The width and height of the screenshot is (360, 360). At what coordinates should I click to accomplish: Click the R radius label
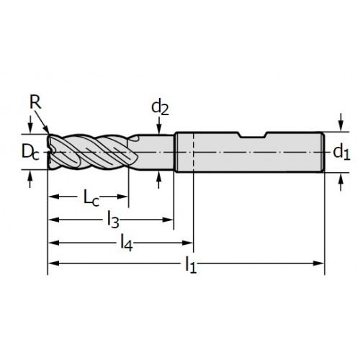click(35, 102)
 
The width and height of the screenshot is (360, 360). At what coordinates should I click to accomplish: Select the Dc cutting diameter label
click(30, 152)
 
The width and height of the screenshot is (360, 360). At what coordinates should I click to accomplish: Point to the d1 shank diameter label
click(341, 152)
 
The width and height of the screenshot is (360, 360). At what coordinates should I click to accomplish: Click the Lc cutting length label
click(91, 198)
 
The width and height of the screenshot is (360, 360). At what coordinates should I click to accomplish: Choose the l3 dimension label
click(113, 220)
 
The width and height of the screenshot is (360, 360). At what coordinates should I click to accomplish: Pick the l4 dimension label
click(127, 243)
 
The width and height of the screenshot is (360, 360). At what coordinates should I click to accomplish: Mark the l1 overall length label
click(191, 265)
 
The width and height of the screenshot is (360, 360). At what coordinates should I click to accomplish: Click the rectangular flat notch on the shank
click(253, 135)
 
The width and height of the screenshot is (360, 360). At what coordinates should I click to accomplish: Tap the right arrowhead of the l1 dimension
click(319, 264)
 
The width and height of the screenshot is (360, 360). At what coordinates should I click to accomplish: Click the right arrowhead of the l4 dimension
click(187, 243)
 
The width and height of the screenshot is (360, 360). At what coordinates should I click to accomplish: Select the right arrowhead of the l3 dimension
click(168, 220)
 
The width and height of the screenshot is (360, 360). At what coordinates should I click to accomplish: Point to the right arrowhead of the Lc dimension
click(122, 197)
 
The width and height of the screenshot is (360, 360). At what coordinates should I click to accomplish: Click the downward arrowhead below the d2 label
click(158, 129)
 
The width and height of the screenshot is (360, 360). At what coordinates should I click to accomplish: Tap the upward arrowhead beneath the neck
click(158, 176)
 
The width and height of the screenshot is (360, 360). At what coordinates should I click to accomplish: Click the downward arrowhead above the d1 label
click(341, 126)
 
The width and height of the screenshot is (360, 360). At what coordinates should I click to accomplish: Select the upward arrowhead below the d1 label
click(341, 178)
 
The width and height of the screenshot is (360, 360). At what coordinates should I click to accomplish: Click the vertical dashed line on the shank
click(193, 152)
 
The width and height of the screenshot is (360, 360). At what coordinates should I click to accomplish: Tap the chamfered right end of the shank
click(323, 152)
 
